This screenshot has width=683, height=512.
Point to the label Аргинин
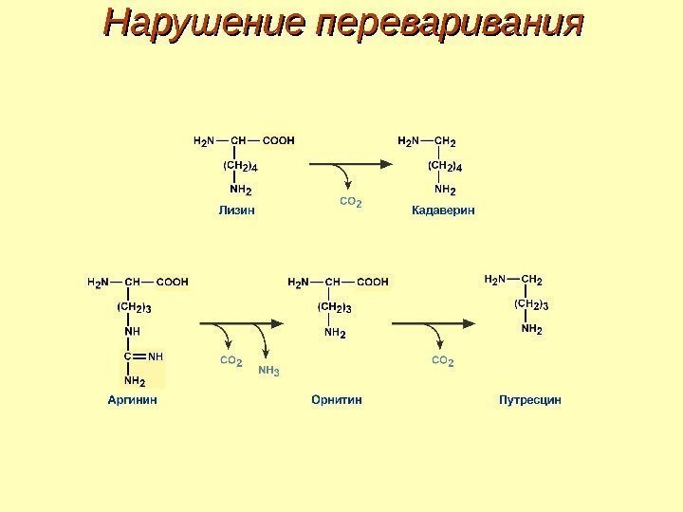131,400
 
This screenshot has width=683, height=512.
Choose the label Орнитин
337,400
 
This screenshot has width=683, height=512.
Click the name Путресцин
530,400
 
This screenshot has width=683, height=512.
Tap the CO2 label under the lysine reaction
351,203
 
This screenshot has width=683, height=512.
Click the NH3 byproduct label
269,371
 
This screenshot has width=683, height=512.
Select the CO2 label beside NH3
231,362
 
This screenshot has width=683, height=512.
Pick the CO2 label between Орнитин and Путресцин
443,362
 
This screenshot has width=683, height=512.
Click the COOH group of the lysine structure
279,141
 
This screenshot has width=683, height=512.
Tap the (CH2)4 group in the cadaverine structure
444,167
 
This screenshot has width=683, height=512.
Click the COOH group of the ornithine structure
373,282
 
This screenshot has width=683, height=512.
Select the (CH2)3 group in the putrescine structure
531,304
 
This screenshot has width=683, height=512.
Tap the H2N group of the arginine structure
99,282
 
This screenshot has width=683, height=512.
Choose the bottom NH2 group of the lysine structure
240,190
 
